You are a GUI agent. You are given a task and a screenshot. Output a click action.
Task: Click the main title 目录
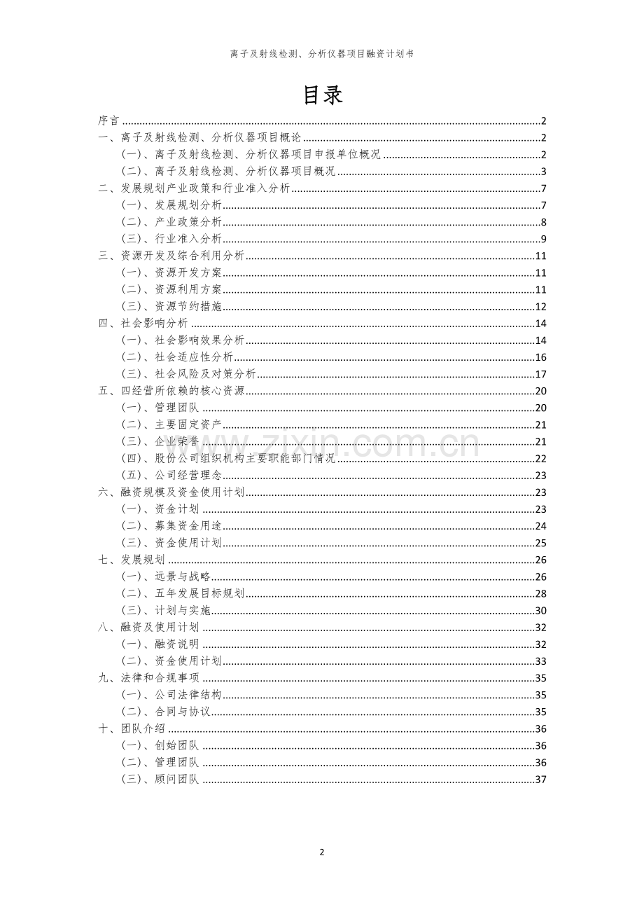coord(322,95)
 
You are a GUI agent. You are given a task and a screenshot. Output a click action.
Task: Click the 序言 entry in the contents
coord(108,120)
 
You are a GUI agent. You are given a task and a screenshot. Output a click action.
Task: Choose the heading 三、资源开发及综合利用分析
coord(171,256)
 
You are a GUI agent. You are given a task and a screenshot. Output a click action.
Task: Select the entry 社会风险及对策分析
coord(204,374)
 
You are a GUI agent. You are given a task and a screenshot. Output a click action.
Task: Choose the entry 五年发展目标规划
coord(199,593)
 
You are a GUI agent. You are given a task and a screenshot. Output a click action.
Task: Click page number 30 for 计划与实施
coord(540,611)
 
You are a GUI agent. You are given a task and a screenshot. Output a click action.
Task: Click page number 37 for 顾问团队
coord(540,780)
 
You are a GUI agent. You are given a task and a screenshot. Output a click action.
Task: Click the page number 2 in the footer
coord(322,852)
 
